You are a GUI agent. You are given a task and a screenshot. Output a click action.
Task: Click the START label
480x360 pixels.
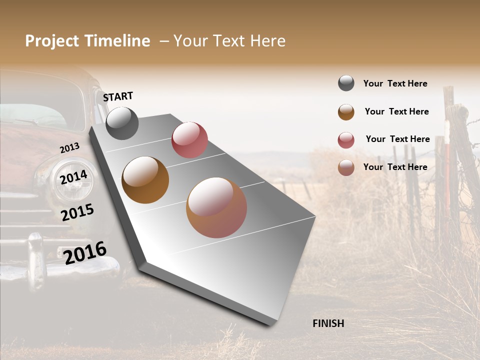pyautogui.click(x=118, y=96)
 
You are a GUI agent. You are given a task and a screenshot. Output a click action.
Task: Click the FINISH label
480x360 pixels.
pyautogui.click(x=328, y=323)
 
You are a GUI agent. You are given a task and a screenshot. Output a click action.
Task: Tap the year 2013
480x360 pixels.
pyautogui.click(x=69, y=148)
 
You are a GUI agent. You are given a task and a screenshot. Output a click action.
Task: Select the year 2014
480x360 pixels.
pyautogui.click(x=73, y=177)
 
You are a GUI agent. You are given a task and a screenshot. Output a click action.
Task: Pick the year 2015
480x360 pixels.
pyautogui.click(x=77, y=212)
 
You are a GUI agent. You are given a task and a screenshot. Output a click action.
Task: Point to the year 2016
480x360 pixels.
pyautogui.click(x=85, y=252)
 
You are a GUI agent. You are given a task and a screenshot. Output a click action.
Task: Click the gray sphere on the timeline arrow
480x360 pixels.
pyautogui.click(x=122, y=123)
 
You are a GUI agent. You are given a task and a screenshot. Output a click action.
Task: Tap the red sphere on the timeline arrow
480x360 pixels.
pyautogui.click(x=189, y=139)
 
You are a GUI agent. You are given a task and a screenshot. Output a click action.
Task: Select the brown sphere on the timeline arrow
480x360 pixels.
pyautogui.click(x=145, y=180)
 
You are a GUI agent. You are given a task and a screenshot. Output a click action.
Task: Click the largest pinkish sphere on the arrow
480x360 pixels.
pyautogui.click(x=216, y=207)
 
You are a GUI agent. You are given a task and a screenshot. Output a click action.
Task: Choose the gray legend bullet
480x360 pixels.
pyautogui.click(x=346, y=83)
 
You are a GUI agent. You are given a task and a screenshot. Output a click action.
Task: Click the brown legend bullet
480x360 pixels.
pyautogui.click(x=346, y=112)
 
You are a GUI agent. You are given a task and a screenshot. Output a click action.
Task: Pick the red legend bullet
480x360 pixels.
pyautogui.click(x=346, y=140)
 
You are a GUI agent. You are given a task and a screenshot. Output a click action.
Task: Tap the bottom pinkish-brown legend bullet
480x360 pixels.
pyautogui.click(x=346, y=167)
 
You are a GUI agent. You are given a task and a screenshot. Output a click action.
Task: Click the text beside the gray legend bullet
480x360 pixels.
pyautogui.click(x=395, y=84)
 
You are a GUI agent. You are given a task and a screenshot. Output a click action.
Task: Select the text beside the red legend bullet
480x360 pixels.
pyautogui.click(x=397, y=139)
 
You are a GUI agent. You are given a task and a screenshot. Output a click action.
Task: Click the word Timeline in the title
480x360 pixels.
pyautogui.click(x=117, y=41)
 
